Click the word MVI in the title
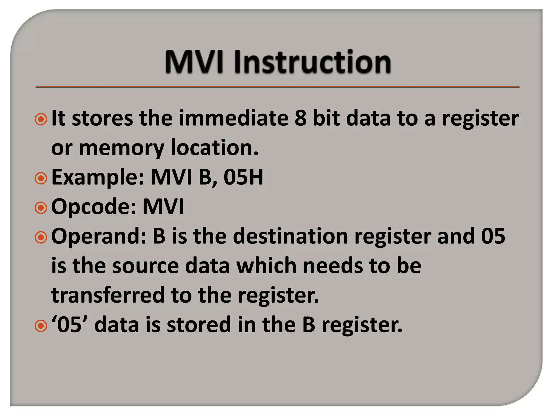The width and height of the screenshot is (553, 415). (x=194, y=62)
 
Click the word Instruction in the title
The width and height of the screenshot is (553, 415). (x=312, y=62)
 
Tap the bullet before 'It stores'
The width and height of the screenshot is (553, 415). (x=41, y=119)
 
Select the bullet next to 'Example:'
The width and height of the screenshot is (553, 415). (x=41, y=178)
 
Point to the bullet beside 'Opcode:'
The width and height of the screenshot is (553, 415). (x=41, y=208)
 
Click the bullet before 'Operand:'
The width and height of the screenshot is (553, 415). (x=41, y=237)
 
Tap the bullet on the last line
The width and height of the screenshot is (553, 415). (x=41, y=326)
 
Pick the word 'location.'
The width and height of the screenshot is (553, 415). (x=215, y=148)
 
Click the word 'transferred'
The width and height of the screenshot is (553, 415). (x=108, y=295)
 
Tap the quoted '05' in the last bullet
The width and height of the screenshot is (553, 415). (x=69, y=325)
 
